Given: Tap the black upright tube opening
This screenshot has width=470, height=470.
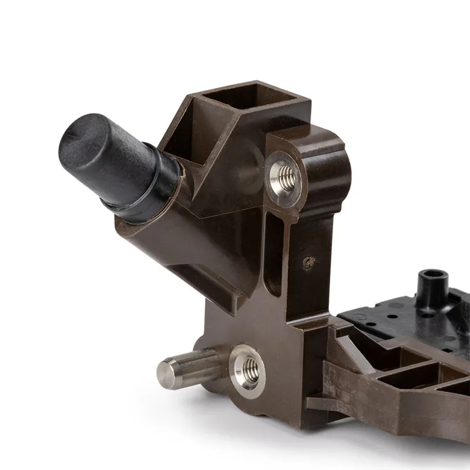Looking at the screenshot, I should [433, 274].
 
